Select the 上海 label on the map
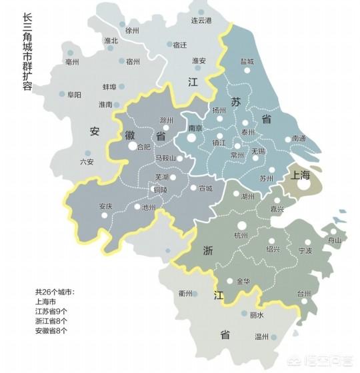(301, 175)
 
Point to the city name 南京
(195, 128)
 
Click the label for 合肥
(143, 147)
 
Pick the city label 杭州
(240, 235)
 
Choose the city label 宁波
(305, 251)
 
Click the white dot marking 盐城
(247, 69)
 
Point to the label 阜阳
(74, 95)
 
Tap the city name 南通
(299, 139)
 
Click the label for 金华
(243, 281)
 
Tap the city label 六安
(87, 161)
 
